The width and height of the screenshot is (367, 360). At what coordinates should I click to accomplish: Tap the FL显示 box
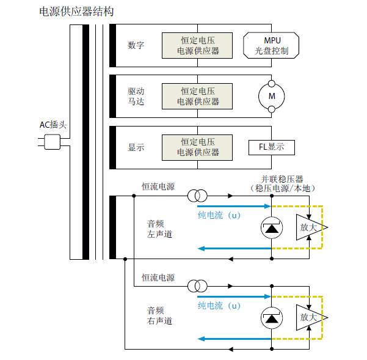pos(272,147)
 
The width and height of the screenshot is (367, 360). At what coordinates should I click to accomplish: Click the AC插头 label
pos(53,125)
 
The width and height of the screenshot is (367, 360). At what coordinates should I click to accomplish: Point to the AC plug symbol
pos(52,142)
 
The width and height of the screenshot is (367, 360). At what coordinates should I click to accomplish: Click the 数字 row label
pos(136,45)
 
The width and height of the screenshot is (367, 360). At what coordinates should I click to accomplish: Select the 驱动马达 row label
pos(136,95)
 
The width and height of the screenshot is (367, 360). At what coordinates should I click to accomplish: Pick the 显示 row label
pos(136,147)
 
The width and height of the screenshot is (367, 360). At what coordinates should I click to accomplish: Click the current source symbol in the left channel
pos(197,196)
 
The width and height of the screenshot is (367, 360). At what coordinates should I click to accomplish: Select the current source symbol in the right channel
pos(197,287)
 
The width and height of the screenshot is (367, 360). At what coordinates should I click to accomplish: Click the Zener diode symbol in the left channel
pos(271,227)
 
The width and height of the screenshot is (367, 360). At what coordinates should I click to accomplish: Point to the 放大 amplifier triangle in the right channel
pos(310,317)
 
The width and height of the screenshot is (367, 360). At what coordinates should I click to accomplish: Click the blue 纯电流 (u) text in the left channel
pos(219,215)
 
